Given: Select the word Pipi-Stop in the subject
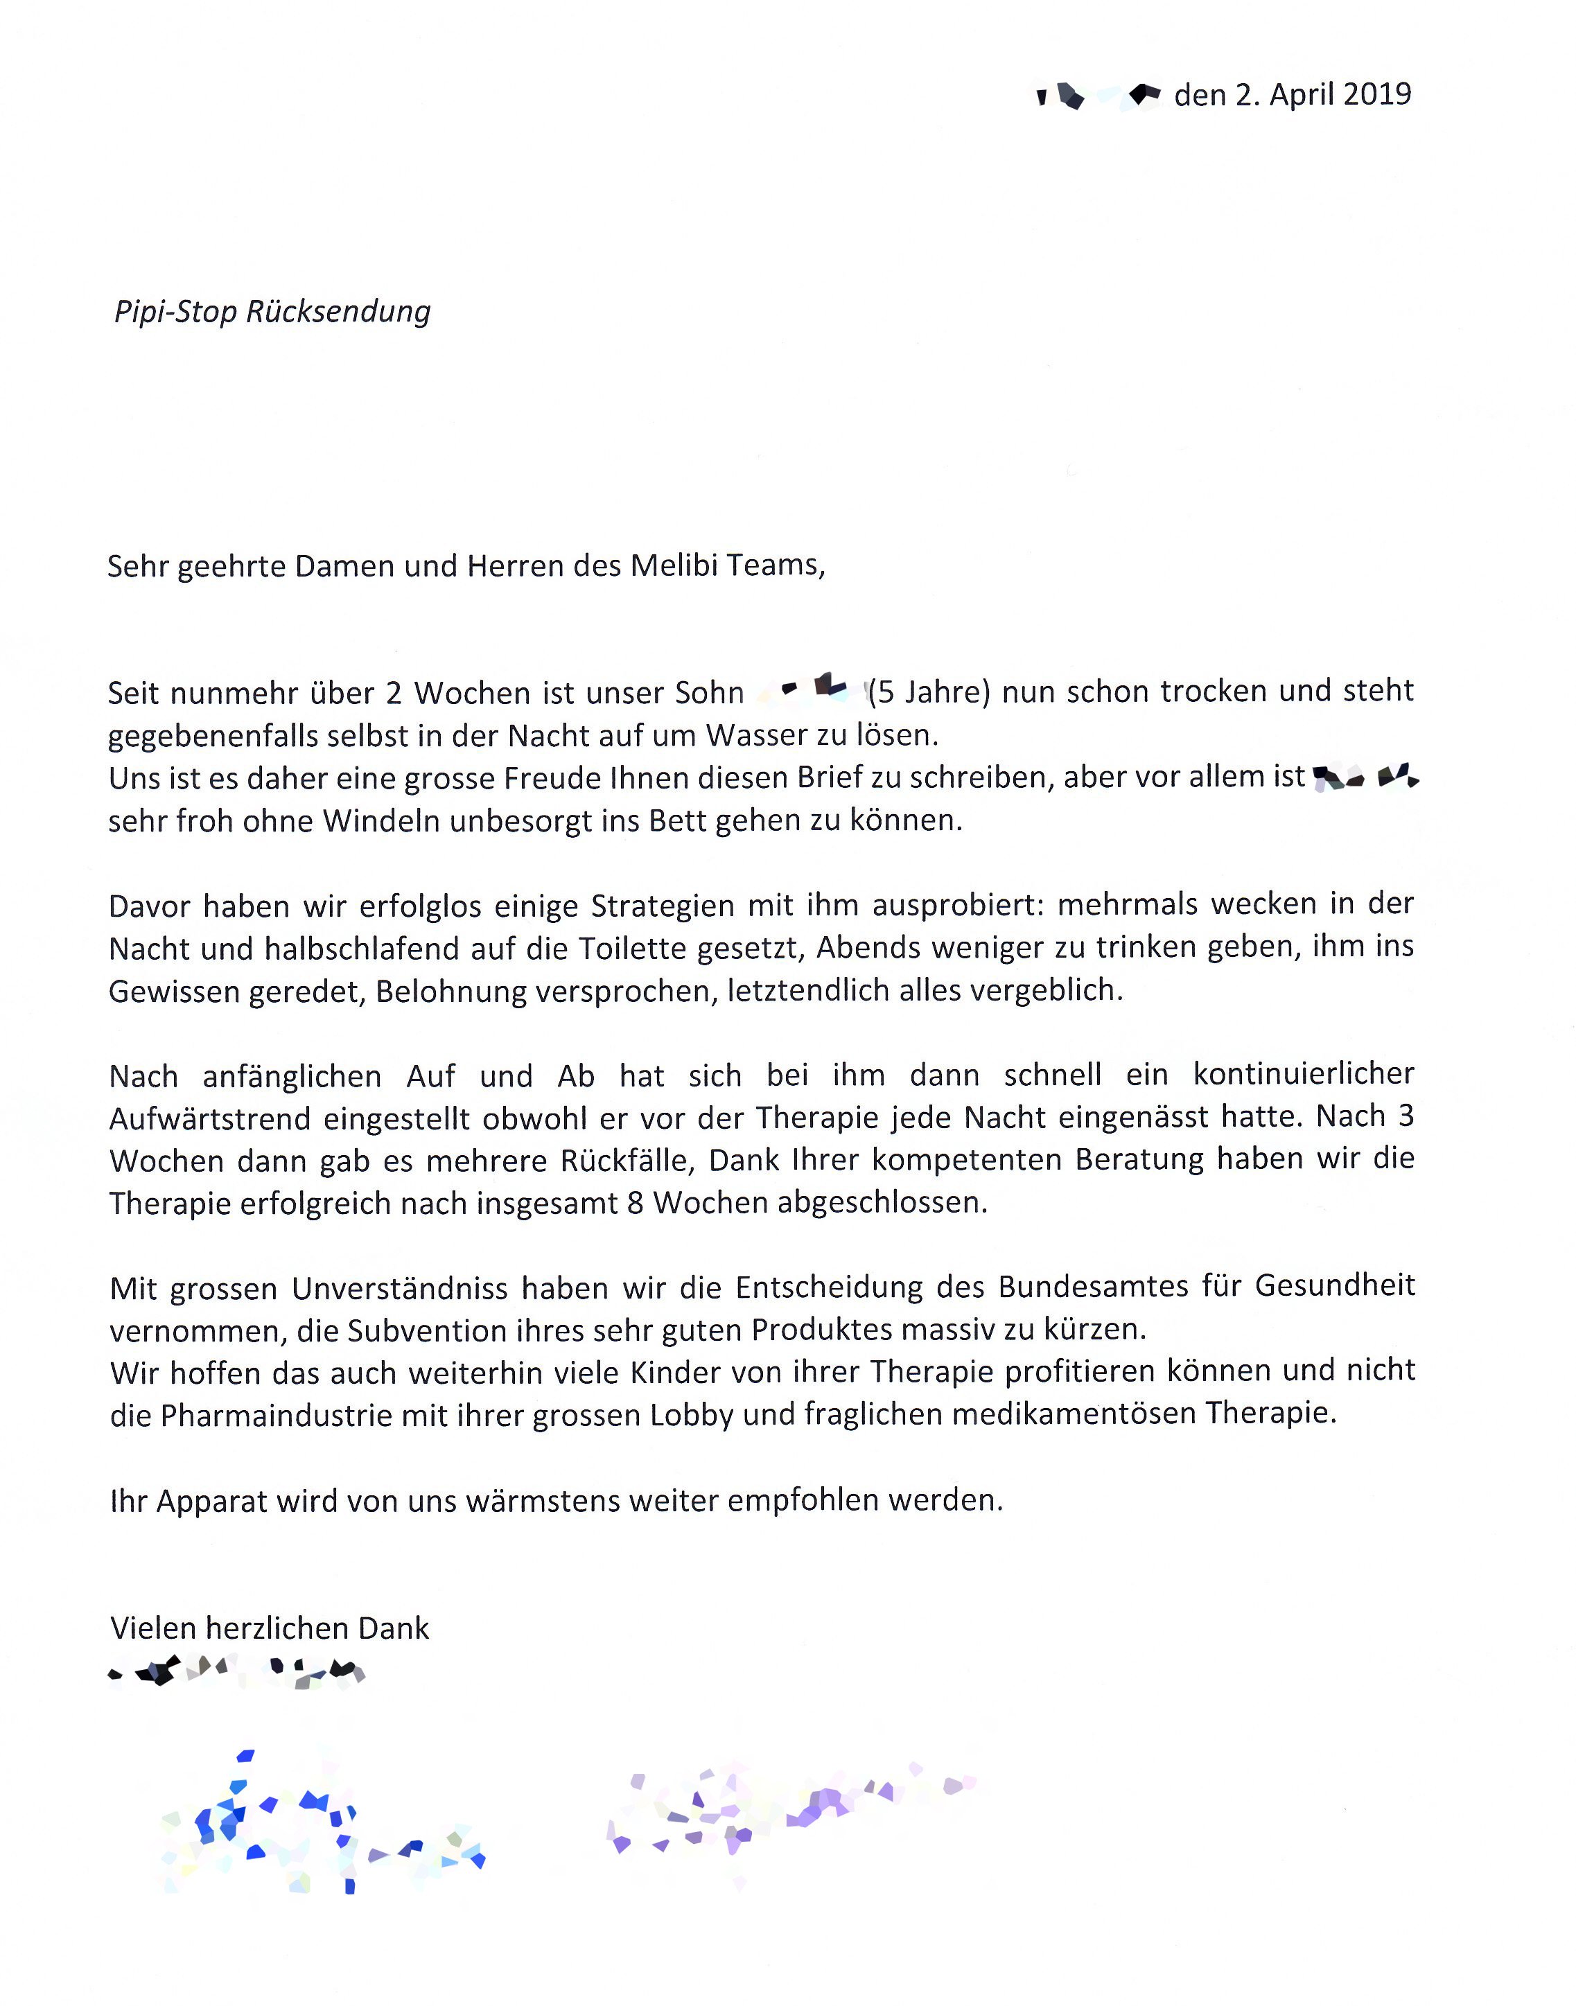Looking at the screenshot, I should (175, 312).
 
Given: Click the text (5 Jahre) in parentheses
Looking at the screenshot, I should (929, 692).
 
